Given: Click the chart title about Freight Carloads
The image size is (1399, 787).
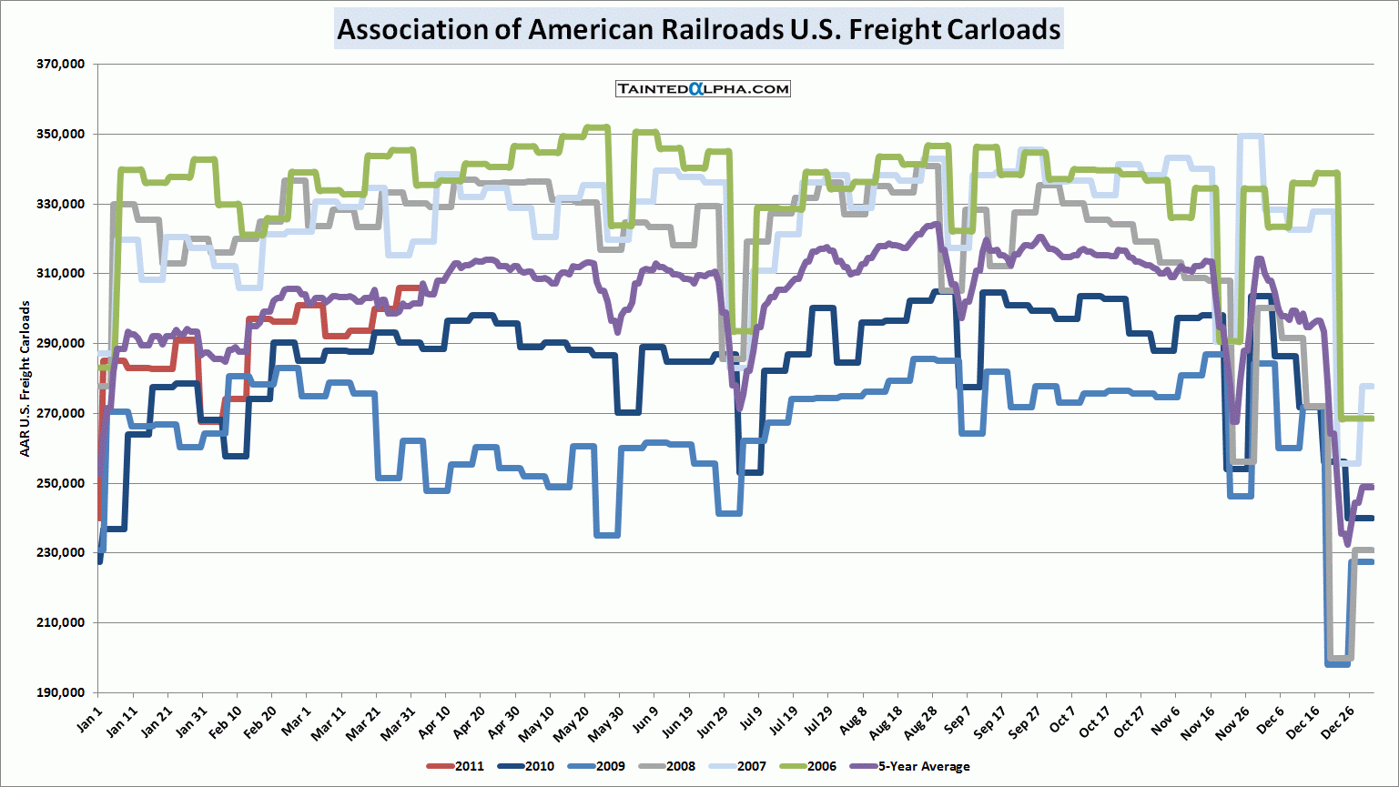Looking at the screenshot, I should (x=698, y=29).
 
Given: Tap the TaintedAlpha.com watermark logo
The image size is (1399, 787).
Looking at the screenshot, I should (x=703, y=88).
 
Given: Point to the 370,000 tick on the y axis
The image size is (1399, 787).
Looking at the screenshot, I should (x=61, y=65).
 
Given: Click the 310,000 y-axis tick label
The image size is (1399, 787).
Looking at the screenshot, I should (x=61, y=274).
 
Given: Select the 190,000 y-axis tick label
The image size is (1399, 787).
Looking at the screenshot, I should (x=61, y=692).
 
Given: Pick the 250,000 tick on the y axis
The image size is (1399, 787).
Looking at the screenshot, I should (x=61, y=483).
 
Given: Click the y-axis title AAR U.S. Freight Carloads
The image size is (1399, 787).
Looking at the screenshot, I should (x=25, y=378).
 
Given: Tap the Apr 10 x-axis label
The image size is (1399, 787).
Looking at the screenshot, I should (x=433, y=722).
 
